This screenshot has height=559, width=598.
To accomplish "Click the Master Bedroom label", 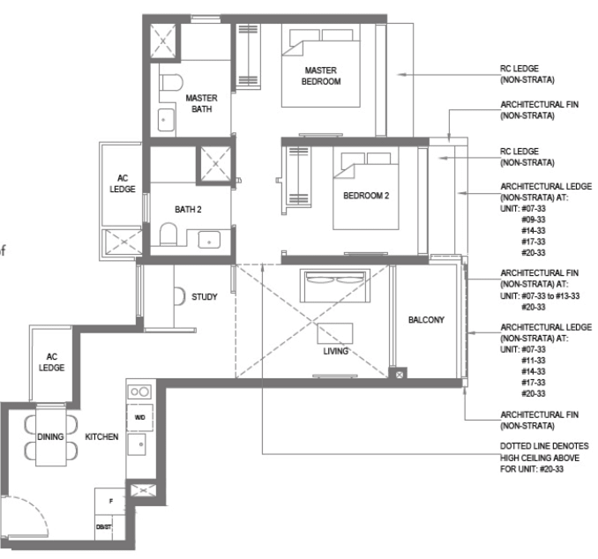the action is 321,76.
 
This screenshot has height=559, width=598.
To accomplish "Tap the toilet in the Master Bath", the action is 171,82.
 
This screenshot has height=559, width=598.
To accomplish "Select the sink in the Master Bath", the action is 166,120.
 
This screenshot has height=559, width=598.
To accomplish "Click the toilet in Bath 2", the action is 168,235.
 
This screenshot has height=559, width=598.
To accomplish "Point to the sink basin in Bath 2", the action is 209,240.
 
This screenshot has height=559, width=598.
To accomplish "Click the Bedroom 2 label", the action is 366,196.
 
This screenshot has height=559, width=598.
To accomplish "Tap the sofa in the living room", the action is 335,286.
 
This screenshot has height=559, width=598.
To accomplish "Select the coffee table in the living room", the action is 335,333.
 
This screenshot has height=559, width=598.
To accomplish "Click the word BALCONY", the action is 426,320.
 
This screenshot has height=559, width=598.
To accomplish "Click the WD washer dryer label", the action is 139,418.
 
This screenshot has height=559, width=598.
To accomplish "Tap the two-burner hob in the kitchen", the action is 139,391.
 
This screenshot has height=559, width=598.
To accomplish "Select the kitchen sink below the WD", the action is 137,444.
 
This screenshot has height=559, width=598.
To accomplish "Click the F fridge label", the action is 111,501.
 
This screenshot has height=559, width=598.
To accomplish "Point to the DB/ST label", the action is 104,527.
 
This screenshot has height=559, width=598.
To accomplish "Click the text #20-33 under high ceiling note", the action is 551,469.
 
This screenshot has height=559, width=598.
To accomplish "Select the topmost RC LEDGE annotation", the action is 527,74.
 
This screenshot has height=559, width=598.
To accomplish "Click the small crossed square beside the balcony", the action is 400,375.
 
